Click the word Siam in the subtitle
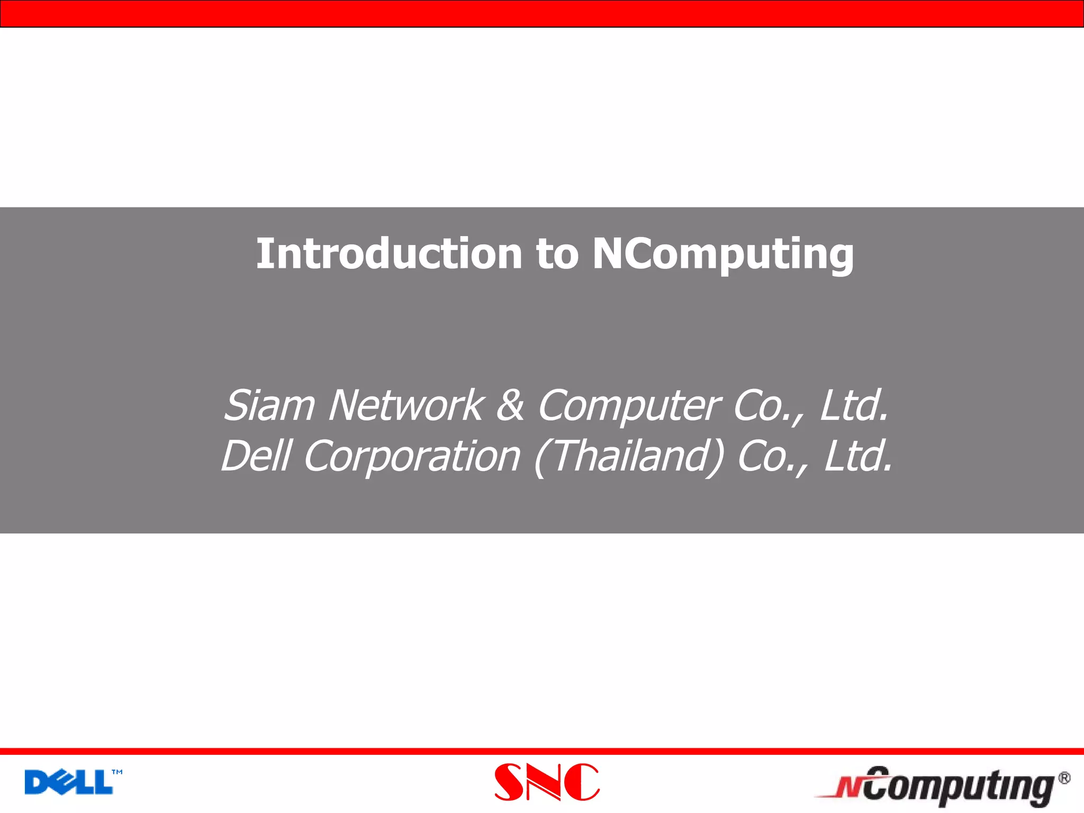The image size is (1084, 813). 269,406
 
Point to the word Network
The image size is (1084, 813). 405,406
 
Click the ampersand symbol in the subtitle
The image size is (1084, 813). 510,406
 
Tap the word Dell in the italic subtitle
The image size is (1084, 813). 256,456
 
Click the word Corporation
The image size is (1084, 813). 412,457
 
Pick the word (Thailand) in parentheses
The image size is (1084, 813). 629,457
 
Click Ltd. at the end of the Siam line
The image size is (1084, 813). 854,406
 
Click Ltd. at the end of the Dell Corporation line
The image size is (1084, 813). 859,457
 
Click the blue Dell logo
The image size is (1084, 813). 69,782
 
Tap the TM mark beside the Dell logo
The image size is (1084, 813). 117,772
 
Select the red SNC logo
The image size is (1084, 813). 547,782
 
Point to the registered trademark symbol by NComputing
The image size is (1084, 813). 1064,779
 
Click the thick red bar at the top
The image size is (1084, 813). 542,14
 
